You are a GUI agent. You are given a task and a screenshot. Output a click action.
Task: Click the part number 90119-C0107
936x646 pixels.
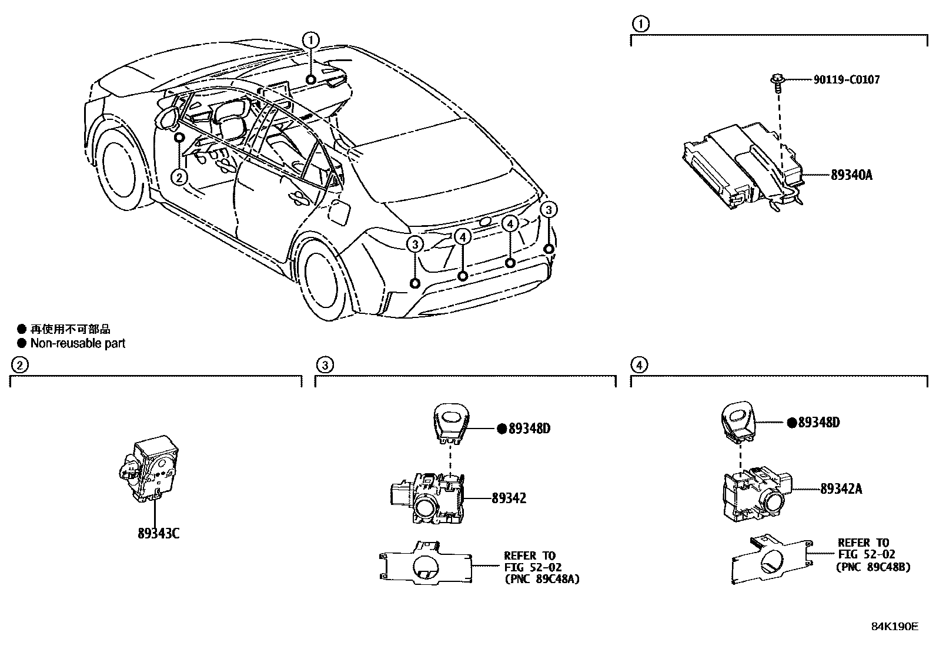click(847, 79)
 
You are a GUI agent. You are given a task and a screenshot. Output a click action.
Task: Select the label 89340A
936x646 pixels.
click(851, 175)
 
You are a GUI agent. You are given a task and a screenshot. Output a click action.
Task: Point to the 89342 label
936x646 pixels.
click(509, 498)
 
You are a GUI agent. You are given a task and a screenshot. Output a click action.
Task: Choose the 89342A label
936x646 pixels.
click(841, 488)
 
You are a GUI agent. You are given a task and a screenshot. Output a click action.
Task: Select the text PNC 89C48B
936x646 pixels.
click(874, 567)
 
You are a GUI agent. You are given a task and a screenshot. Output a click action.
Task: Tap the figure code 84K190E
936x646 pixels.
click(894, 627)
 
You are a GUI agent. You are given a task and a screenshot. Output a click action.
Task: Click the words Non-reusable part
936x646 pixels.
click(78, 343)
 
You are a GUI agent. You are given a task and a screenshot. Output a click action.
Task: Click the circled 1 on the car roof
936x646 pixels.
click(310, 40)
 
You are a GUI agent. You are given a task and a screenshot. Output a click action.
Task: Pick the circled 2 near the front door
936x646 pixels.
click(179, 176)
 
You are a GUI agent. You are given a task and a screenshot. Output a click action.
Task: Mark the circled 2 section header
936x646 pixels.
click(19, 365)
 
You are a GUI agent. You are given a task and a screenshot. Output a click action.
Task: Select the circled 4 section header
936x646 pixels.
click(639, 365)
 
